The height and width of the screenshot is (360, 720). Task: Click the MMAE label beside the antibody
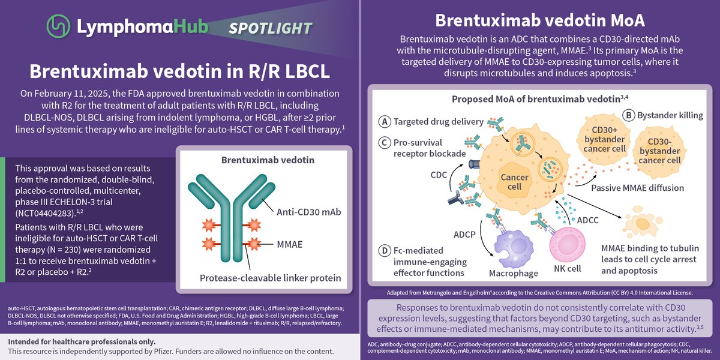(290, 245)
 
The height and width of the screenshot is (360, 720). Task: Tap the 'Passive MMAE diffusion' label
(637, 188)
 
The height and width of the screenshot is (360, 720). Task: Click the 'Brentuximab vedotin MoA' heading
(540, 20)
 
